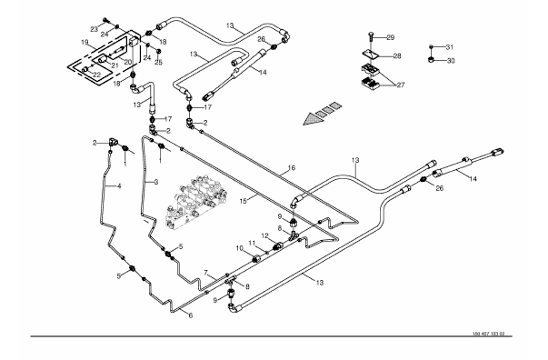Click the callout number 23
[x=94, y=29]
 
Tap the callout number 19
[x=85, y=43]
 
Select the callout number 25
[x=159, y=63]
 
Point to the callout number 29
[x=391, y=37]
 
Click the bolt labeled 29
[x=371, y=39]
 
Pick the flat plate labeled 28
[x=371, y=55]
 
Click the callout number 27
[x=401, y=85]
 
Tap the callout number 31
[x=450, y=47]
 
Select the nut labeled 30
[x=432, y=60]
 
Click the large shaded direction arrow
[x=323, y=114]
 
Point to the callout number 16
[x=292, y=168]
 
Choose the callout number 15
[x=244, y=201]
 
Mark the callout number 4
[x=119, y=186]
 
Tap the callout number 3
[x=156, y=182]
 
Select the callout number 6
[x=191, y=315]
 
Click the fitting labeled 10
[x=257, y=259]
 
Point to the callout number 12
[x=264, y=236]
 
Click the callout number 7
[x=206, y=272]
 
